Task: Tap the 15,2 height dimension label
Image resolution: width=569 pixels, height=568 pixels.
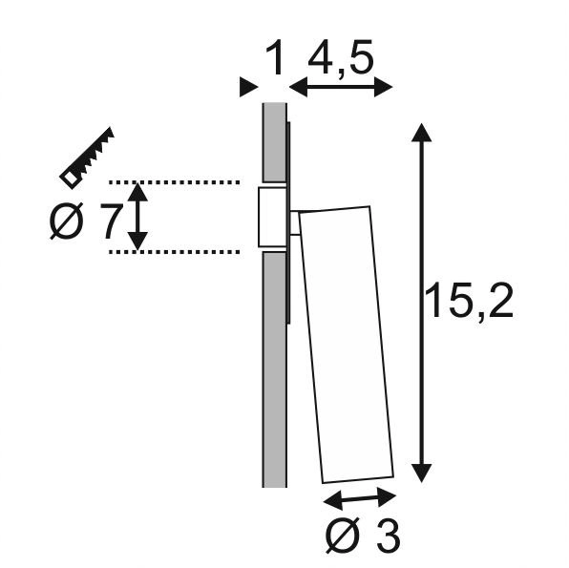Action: click(x=469, y=303)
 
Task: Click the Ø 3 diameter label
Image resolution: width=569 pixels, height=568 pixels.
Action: click(x=362, y=537)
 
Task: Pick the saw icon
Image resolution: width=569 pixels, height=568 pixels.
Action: click(x=87, y=155)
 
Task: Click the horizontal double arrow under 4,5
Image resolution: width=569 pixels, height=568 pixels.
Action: click(x=340, y=88)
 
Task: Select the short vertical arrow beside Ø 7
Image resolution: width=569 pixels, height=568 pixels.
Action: click(x=139, y=216)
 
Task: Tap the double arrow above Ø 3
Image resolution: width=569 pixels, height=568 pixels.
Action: click(x=360, y=498)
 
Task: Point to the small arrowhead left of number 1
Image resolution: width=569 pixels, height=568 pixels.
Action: click(x=248, y=87)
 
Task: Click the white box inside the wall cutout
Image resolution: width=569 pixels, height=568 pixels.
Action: click(x=270, y=216)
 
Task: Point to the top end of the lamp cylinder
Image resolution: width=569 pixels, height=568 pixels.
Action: click(x=334, y=210)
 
